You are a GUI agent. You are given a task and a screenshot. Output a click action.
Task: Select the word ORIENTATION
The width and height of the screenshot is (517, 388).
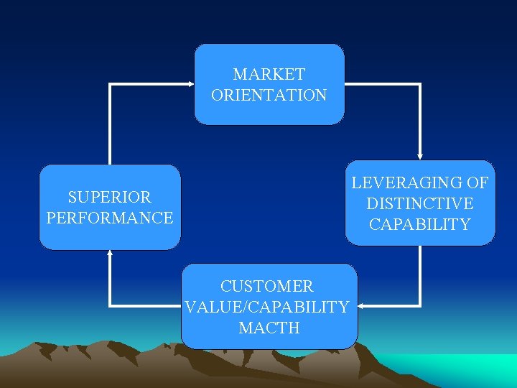click(x=269, y=95)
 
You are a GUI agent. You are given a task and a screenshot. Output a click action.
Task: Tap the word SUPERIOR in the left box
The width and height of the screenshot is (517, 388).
click(x=109, y=197)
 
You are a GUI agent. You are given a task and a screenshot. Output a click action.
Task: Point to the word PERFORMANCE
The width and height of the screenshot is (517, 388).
click(x=110, y=218)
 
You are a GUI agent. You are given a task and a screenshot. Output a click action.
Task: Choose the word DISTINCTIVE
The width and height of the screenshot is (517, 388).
click(x=420, y=204)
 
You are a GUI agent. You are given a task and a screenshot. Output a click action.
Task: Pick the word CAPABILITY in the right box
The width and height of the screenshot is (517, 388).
click(x=420, y=225)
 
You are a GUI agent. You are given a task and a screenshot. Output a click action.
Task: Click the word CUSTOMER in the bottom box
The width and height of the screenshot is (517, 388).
click(x=267, y=287)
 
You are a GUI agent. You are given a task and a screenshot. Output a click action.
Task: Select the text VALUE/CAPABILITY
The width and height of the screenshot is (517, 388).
click(x=267, y=308)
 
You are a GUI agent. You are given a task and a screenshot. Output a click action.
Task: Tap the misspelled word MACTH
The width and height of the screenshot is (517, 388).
click(x=269, y=328)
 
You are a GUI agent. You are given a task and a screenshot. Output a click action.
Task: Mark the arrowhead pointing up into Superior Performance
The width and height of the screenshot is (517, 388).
click(x=110, y=254)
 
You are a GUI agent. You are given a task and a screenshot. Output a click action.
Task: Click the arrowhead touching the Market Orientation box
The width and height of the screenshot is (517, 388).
click(x=191, y=84)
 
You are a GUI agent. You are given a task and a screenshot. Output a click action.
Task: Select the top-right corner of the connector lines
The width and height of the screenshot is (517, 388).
click(x=420, y=84)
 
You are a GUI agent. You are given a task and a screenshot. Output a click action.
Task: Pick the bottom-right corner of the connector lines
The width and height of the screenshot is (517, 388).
click(x=420, y=306)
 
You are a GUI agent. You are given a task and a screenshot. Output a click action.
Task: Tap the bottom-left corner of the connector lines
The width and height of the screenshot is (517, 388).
click(x=110, y=306)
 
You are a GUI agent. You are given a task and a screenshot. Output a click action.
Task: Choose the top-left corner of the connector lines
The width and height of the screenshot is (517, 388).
click(x=110, y=84)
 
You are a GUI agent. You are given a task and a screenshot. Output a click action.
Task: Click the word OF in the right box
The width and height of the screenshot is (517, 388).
click(x=476, y=183)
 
